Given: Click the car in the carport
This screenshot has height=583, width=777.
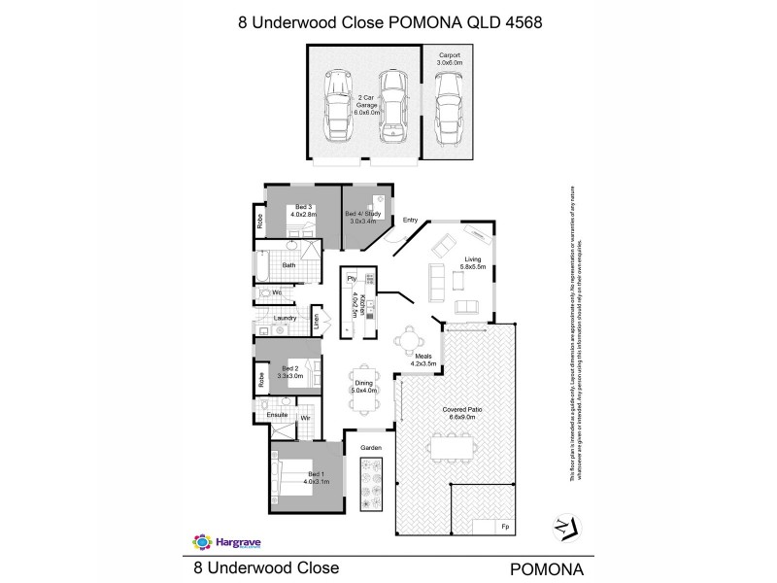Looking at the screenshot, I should click(446, 108).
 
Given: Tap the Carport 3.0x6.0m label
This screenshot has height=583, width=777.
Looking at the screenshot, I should click(449, 57).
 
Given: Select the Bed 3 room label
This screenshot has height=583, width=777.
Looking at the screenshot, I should click(304, 211).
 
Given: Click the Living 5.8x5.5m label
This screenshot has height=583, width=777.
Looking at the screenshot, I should click(473, 263).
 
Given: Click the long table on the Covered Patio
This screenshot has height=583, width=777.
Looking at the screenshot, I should click(452, 448).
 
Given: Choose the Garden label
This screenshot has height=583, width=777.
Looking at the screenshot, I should click(371, 447).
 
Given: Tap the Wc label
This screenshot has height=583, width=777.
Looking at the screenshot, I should click(277, 291).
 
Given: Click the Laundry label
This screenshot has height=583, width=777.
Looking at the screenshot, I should click(285, 318).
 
